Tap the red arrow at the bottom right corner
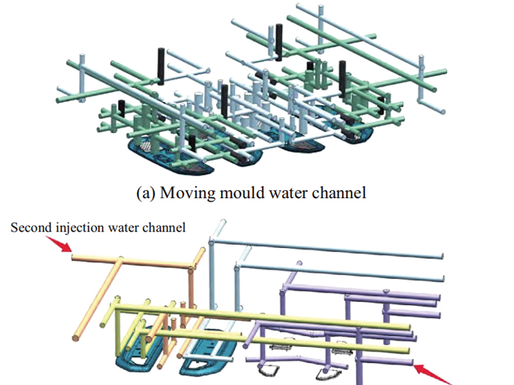click(x=429, y=372)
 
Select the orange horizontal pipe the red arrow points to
click(x=131, y=260)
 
